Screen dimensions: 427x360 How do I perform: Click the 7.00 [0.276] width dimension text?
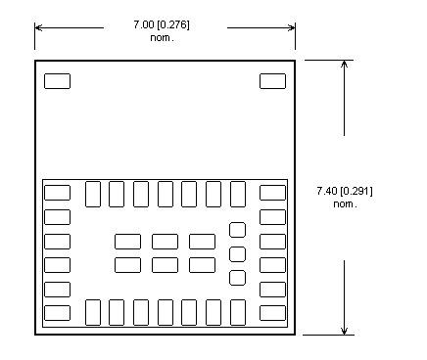coord(162,24)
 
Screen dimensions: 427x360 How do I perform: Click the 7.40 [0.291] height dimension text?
coord(345,191)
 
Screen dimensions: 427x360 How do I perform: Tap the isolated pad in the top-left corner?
coord(57,81)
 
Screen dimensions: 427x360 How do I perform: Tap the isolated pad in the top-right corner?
coord(272,81)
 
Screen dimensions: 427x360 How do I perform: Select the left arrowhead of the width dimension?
coord(38,27)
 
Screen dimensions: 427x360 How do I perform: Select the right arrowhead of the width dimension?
coord(291,27)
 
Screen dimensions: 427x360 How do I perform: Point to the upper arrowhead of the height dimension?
coord(344,64)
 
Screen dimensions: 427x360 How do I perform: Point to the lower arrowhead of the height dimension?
coord(344,331)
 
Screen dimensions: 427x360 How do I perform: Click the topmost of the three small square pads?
coord(237,230)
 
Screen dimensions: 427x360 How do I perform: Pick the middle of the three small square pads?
coord(237,254)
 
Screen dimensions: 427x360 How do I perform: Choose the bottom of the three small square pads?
coord(237,278)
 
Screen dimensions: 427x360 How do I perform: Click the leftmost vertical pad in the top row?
coord(93,194)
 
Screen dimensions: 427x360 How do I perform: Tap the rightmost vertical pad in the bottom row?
coord(238,312)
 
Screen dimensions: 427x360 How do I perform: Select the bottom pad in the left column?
coord(57,313)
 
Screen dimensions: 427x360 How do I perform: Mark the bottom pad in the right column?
coord(272,313)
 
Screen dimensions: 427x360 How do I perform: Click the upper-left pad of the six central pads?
coord(128,242)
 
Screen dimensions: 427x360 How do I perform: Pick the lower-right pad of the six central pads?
coord(203,265)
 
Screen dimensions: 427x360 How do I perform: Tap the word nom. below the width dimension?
coord(162,38)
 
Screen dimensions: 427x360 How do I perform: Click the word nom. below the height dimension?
coord(345,204)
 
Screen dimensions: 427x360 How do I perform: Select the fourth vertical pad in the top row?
coord(166,194)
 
